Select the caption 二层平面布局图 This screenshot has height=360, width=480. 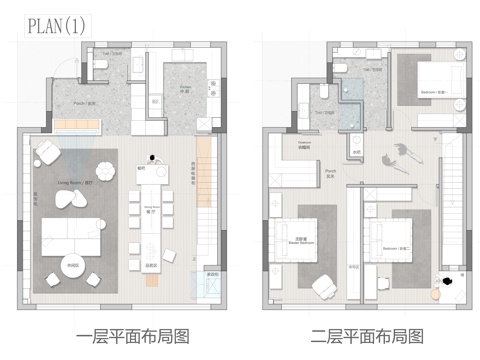pyautogui.click(x=359, y=336)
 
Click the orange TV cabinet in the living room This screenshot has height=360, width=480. pyautogui.click(x=74, y=124)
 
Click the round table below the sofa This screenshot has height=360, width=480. pyautogui.click(x=71, y=267)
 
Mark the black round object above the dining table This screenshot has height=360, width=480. pyautogui.click(x=153, y=156)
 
